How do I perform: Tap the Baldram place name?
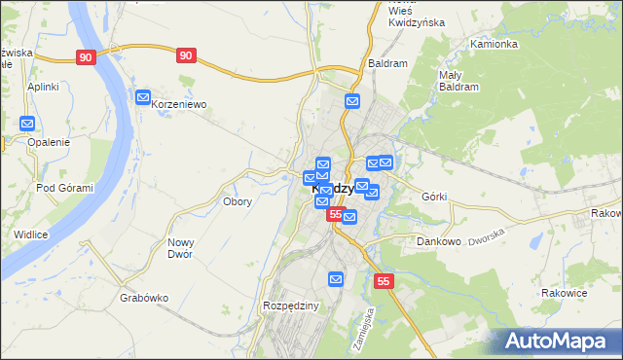tap(387, 63)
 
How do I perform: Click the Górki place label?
tap(434, 197)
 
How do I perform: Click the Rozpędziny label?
tap(291, 306)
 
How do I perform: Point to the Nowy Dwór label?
tap(180, 248)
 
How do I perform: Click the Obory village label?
tap(238, 202)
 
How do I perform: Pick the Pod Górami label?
tap(64, 188)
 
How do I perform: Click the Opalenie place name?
tap(49, 142)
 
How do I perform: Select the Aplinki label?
tap(44, 87)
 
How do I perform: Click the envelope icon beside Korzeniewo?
tap(143, 97)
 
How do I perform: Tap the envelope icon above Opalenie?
tap(27, 124)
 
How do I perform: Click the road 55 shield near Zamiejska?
tap(384, 281)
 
